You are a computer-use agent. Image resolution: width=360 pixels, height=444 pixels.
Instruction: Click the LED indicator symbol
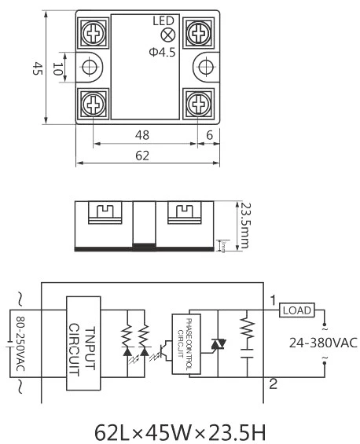coord(167,35)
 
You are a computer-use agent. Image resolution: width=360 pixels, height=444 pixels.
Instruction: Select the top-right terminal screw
coord(195,32)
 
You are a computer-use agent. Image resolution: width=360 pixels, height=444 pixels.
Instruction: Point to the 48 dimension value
coord(143,135)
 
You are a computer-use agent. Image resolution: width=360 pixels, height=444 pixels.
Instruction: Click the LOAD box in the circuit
coord(296,310)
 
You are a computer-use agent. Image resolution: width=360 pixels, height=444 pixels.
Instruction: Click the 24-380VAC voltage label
coord(323,342)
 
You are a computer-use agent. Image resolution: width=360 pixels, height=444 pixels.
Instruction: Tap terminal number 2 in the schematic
coord(273,384)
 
